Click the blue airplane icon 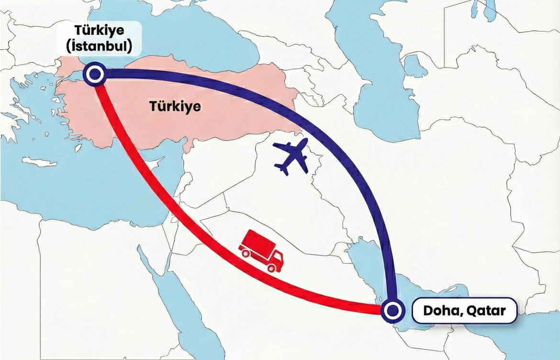point(291,157)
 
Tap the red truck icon point(261,251)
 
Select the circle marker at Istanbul point(94,74)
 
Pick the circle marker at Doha point(392,311)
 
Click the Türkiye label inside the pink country point(175,106)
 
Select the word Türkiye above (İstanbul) point(99,31)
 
